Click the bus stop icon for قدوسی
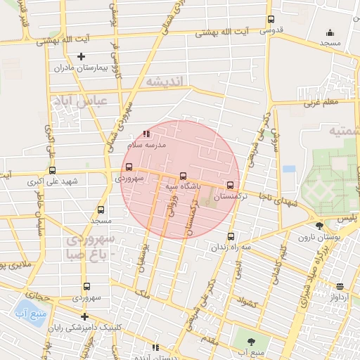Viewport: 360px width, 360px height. tap(271, 20)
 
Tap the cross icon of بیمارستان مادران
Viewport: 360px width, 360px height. tap(81, 56)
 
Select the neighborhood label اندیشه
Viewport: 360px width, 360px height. tap(165, 82)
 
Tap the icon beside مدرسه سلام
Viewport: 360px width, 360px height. tap(146, 133)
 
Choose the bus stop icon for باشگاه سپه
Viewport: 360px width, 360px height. tap(184, 176)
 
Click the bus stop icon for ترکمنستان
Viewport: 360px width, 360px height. tap(231, 186)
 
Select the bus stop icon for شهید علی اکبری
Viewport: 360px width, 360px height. tap(52, 170)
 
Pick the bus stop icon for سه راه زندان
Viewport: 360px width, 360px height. tap(231, 236)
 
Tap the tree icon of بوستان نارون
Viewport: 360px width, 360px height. tap(320, 226)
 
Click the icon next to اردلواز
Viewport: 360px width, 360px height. tap(340, 286)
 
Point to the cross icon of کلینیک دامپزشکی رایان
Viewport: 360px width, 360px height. tap(84, 316)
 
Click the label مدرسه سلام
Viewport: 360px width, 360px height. tap(146, 144)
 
